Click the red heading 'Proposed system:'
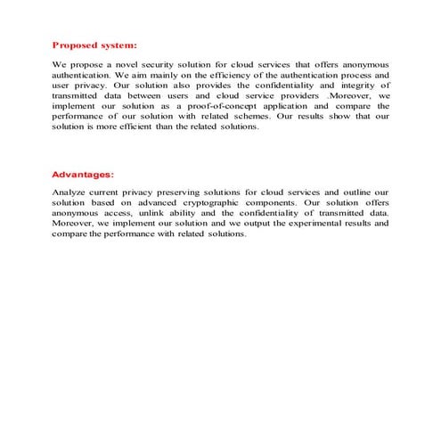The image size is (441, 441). tap(94, 44)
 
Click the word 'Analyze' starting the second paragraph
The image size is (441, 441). tap(70, 192)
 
